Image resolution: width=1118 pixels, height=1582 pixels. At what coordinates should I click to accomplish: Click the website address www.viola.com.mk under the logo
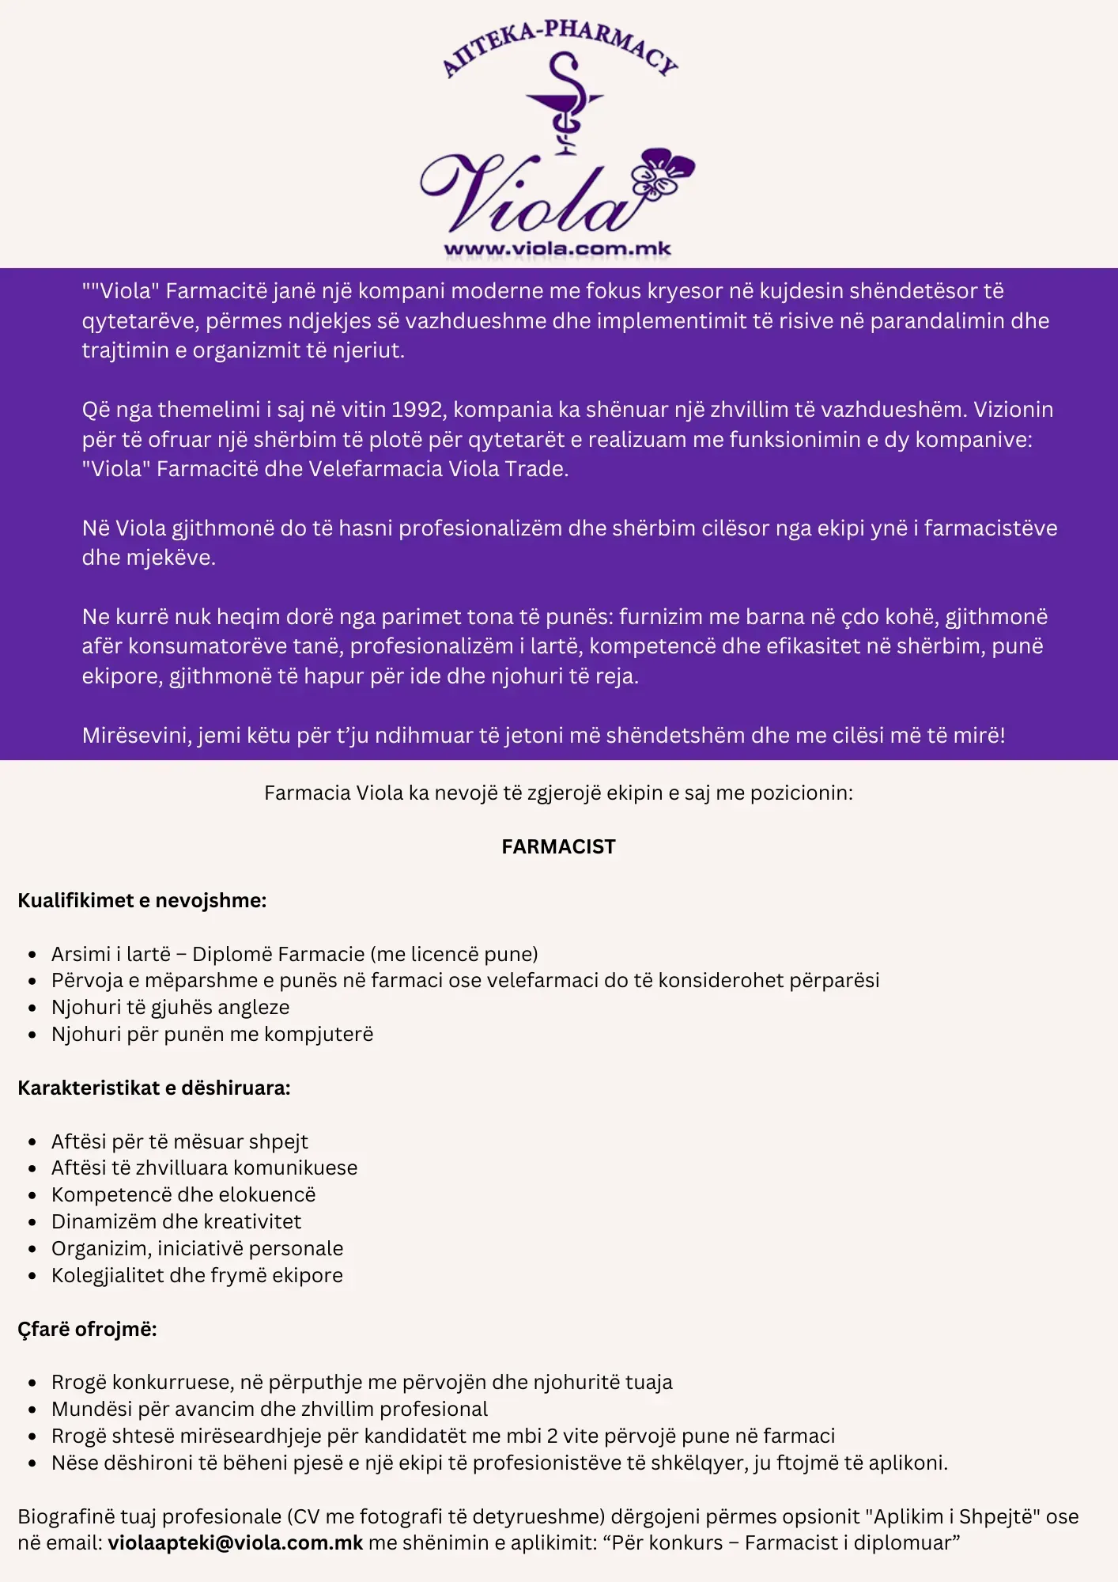coord(557,249)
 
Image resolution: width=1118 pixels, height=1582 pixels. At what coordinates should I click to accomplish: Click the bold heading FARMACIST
coord(558,846)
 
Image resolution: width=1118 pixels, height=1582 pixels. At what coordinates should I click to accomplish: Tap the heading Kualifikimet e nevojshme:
coord(142,900)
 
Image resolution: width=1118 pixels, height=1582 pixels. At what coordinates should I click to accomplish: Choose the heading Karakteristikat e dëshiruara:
coord(154,1088)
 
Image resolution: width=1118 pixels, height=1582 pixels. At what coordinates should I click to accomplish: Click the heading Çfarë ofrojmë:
coord(88,1329)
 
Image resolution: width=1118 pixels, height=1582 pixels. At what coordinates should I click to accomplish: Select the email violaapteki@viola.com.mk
coord(236,1542)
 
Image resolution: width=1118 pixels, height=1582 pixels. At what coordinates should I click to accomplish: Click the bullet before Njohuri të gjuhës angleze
coord(32,1008)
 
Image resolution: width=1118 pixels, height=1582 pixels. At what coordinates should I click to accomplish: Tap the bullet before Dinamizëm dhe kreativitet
coord(32,1222)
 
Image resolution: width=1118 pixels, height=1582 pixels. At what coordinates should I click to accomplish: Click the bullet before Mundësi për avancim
coord(32,1410)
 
